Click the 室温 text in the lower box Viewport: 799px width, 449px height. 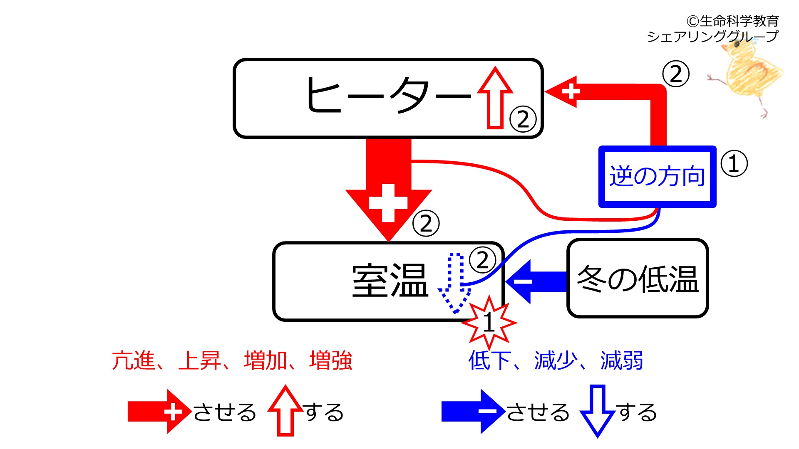pos(390,281)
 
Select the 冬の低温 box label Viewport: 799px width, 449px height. pos(638,279)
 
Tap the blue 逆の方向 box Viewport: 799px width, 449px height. pos(658,176)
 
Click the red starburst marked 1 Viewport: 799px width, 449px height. pos(489,323)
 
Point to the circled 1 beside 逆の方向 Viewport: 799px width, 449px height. pos(734,163)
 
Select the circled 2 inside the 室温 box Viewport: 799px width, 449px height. pos(483,260)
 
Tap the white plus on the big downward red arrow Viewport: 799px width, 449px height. pos(388,203)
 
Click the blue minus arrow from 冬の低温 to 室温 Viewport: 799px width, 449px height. pos(536,281)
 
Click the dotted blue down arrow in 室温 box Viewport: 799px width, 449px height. pos(454,283)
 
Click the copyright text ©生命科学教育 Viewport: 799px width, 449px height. pos(732,21)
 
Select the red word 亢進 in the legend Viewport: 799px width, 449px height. pos(133,360)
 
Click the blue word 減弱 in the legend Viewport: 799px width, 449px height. pos(622,360)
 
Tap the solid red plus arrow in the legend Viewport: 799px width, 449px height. pos(160,412)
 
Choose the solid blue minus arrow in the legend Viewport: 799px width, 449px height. pos(474,412)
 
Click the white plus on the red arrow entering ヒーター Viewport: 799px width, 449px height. pos(571,91)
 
